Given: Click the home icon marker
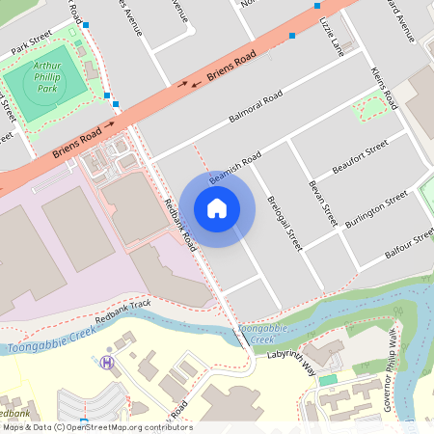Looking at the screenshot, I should tap(217, 208).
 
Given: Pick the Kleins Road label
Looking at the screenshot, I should tap(384, 88).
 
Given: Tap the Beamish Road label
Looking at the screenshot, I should tap(234, 165).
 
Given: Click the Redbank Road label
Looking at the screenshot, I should tap(180, 225).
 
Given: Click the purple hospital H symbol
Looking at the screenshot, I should tap(107, 362).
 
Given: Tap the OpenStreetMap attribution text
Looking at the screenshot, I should tap(96, 427).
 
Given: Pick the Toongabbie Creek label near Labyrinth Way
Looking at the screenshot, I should tap(257, 334).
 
